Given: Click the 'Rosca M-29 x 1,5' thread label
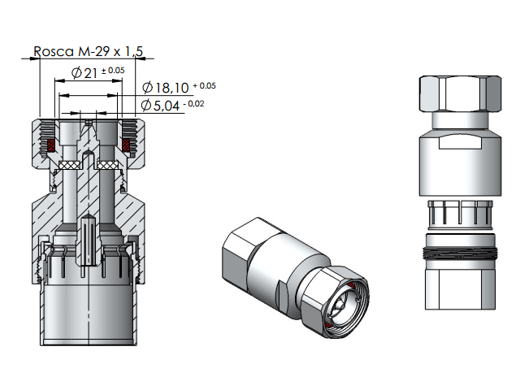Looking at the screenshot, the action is point(89,51).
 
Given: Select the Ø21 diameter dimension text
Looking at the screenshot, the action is point(84,72).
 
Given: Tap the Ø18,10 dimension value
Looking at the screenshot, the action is point(166,88).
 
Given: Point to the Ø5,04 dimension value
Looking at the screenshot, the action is point(160,106).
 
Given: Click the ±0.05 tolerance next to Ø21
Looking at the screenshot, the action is point(113,71).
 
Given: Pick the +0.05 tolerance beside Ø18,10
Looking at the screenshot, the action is point(204,85).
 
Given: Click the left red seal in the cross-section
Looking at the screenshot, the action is point(50,145).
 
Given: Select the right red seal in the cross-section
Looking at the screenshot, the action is point(126,145).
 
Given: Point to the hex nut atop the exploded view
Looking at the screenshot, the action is point(460,94).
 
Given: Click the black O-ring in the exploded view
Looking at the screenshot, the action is point(460,253).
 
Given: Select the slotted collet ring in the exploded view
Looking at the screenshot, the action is point(460,214).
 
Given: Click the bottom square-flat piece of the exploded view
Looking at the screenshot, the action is point(460,289).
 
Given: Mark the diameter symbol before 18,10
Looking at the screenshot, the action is point(148,88).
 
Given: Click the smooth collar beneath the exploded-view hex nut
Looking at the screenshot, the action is point(460,120).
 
